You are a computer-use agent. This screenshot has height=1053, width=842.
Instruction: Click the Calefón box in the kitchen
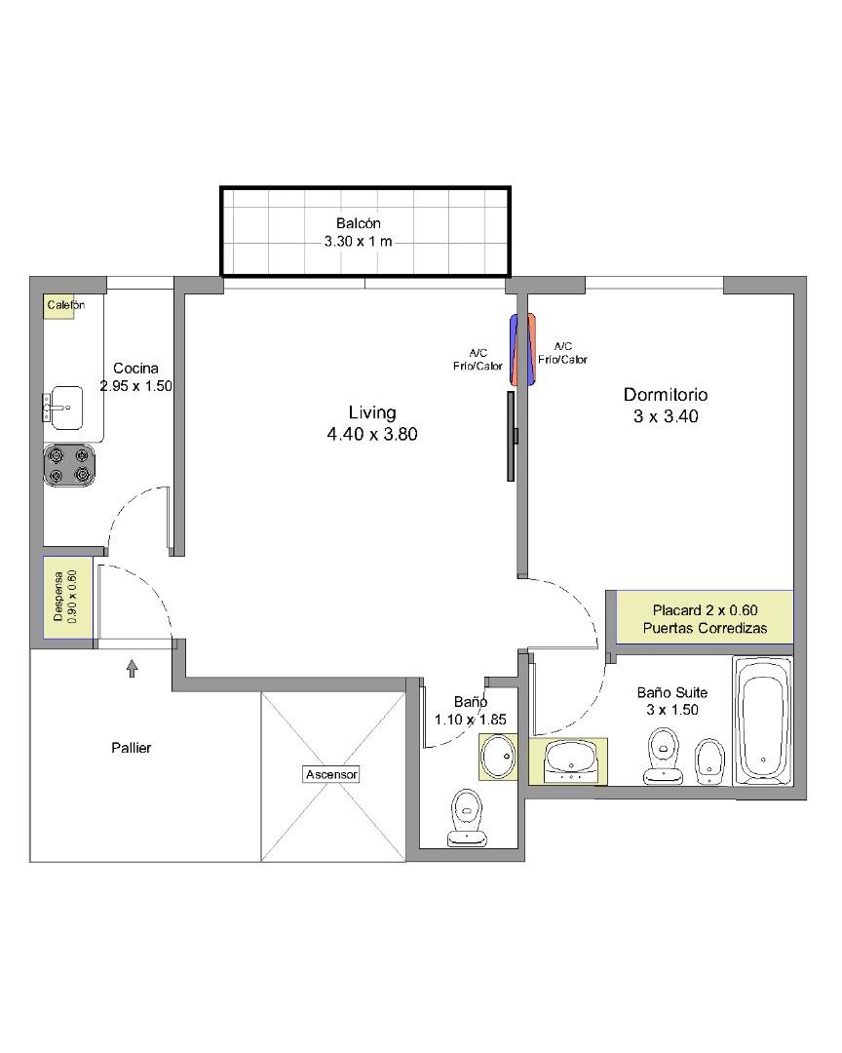pos(59,306)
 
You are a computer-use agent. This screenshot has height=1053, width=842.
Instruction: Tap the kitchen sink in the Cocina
pos(63,408)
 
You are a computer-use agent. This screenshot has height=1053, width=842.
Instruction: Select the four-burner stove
pos(70,465)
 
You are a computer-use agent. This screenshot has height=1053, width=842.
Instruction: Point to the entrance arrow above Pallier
pos(133,668)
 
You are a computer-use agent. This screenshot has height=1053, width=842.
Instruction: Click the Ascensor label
pos(331,774)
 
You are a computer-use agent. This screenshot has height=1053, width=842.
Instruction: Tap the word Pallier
pos(132,748)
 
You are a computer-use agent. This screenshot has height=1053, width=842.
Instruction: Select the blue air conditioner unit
pos(515,349)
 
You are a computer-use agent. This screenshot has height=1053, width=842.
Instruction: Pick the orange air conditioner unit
pos(530,349)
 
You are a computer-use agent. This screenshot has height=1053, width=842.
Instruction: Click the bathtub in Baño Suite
pos(763,721)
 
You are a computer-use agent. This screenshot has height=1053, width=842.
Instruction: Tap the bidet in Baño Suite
pos(708,761)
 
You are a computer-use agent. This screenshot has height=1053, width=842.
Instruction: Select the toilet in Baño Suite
pos(664,757)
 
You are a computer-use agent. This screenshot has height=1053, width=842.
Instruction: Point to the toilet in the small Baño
pos(467,817)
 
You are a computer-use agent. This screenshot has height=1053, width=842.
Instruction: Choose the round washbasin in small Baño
pos(498,757)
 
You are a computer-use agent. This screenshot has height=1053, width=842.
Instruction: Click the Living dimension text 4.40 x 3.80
pos(372,435)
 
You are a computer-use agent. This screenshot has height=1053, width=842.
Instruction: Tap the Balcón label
pos(359,223)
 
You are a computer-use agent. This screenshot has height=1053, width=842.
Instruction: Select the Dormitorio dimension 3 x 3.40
pos(666,416)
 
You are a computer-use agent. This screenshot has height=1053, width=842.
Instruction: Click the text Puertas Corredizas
pos(705,628)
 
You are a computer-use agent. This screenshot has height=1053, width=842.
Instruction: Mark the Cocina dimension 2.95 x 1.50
pos(136,386)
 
